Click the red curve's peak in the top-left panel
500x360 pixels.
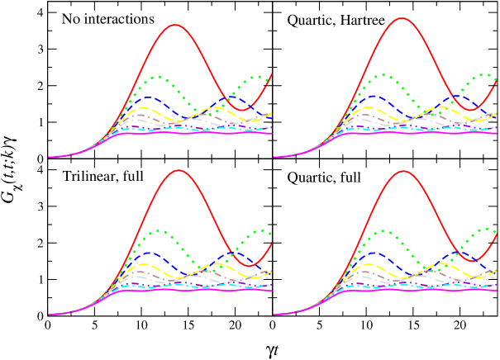pos(175,25)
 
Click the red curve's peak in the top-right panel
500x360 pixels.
pos(402,17)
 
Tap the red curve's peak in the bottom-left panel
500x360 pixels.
pos(177,171)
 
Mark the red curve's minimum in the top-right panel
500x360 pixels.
pos(470,109)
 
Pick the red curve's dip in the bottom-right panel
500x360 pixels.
pos(471,260)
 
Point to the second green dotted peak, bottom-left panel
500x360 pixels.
pos(260,231)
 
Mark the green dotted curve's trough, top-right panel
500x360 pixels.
pos(434,111)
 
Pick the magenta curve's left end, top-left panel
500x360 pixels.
pos(49,157)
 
